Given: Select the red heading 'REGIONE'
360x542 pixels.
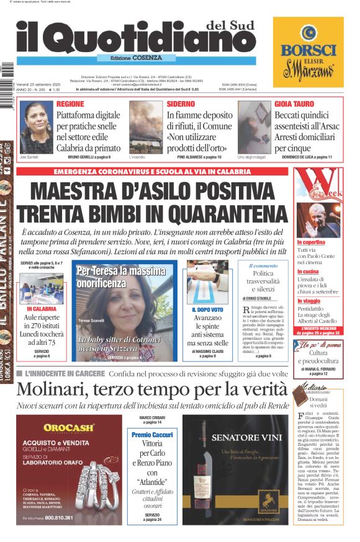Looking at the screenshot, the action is point(70,104).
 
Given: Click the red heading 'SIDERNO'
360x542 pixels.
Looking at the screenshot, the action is point(181,104).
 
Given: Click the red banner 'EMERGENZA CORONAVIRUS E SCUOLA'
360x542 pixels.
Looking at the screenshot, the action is point(152,171).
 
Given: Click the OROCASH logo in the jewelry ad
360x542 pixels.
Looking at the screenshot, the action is point(69,428).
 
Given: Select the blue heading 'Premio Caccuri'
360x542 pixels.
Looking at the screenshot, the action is point(152,435).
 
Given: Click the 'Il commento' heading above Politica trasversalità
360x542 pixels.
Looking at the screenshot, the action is point(263,265).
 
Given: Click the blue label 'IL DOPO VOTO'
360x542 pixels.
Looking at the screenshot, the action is point(208,309).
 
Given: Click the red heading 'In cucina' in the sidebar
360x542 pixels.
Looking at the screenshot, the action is point(308,272).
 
